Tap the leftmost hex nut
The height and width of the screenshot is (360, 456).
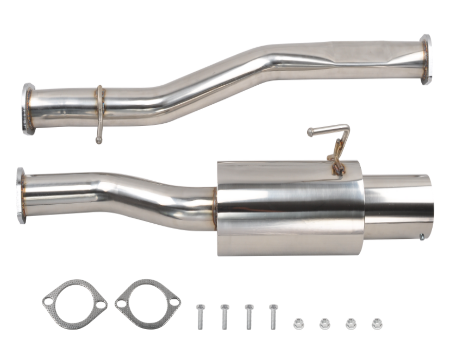tap(298, 324)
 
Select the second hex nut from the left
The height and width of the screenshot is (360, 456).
tap(324, 324)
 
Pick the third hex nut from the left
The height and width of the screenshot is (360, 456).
tap(351, 324)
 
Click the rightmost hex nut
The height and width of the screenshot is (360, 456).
tap(377, 324)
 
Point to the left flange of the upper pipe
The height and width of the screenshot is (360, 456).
tap(28, 109)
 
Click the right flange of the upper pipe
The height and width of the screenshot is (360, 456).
tap(425, 59)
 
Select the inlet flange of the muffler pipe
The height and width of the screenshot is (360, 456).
tap(21, 195)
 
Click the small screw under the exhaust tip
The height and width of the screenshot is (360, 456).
tap(422, 236)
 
